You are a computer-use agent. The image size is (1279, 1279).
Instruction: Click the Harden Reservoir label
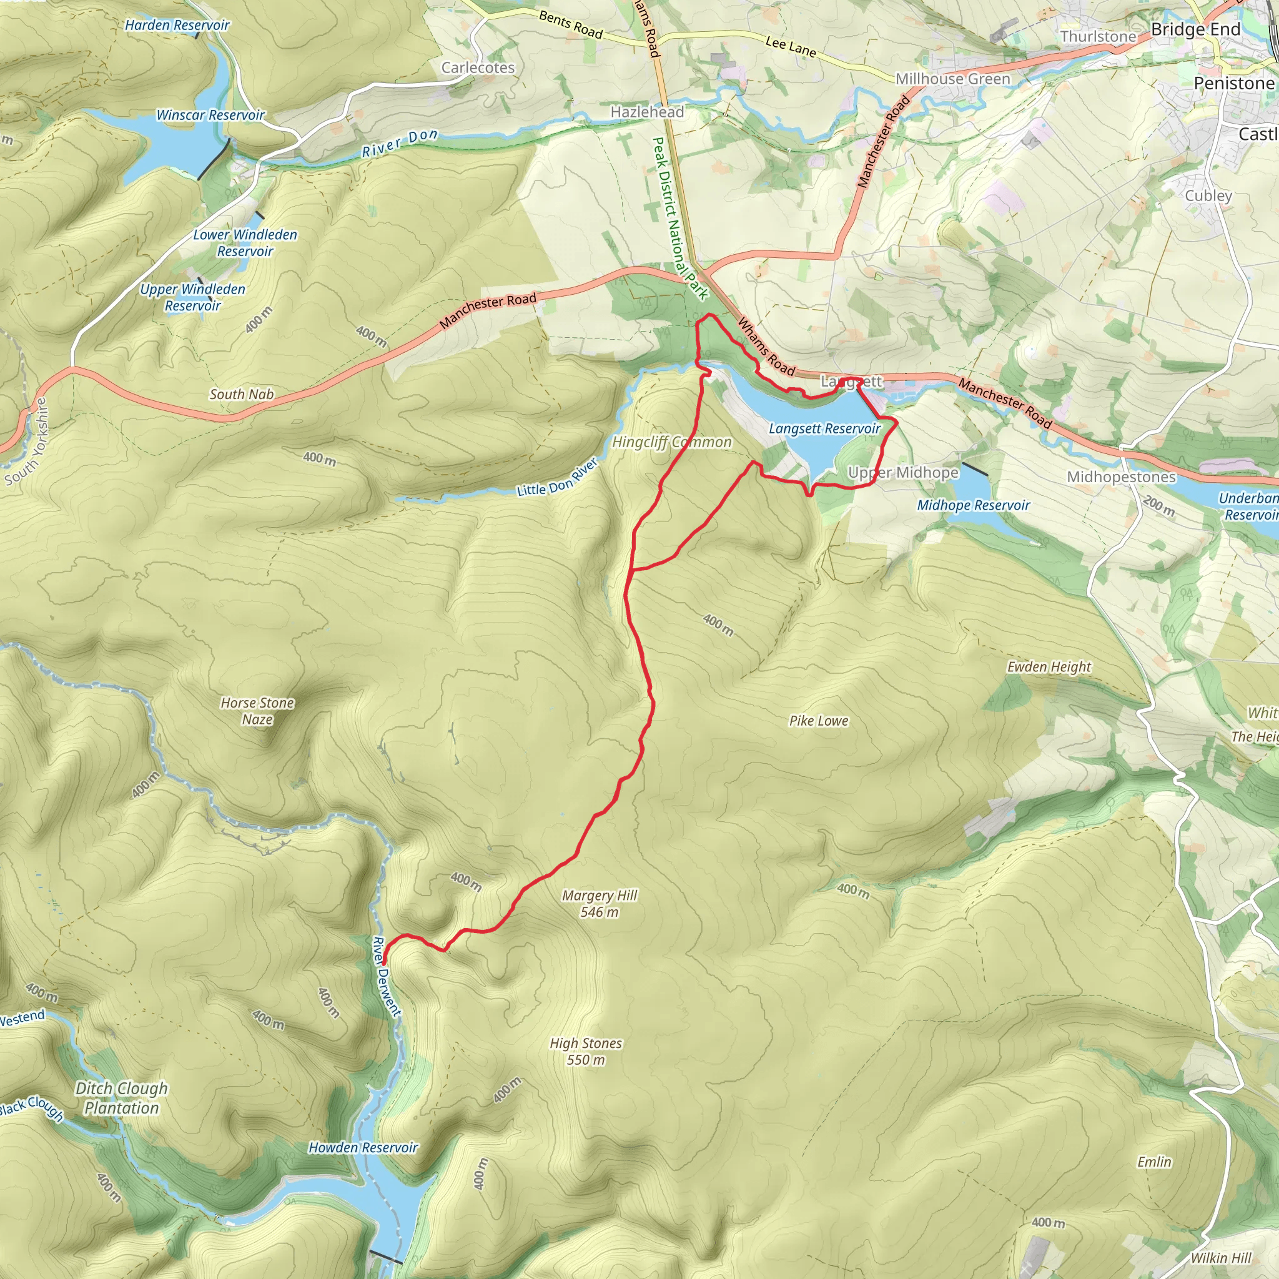pos(177,25)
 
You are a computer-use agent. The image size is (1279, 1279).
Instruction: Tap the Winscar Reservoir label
pos(210,115)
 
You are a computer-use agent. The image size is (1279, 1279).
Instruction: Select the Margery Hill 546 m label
pos(599,904)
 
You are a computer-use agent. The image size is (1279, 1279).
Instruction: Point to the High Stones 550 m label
pos(586,1051)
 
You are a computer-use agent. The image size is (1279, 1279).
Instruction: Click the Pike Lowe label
pos(818,721)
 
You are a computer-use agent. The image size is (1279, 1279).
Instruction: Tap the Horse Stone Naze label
pos(257,711)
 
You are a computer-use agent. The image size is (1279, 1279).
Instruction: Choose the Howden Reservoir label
pos(363,1148)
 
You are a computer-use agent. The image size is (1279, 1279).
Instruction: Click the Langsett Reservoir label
pos(824,429)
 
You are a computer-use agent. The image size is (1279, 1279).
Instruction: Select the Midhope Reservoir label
pos(973,505)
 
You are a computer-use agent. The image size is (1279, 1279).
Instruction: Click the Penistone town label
pos(1233,84)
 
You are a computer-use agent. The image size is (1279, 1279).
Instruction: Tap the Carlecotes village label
pos(478,67)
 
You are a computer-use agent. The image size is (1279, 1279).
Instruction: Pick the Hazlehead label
pos(647,112)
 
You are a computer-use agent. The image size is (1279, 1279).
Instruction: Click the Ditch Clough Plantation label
pos(122,1098)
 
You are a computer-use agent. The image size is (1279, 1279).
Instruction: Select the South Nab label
pos(242,394)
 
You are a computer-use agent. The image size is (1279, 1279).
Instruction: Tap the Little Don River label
pos(558,478)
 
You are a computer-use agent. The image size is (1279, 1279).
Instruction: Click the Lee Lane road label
pos(791,46)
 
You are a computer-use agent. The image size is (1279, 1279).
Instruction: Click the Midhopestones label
pos(1121,477)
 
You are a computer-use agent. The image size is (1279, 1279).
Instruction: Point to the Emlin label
pos(1154,1162)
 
